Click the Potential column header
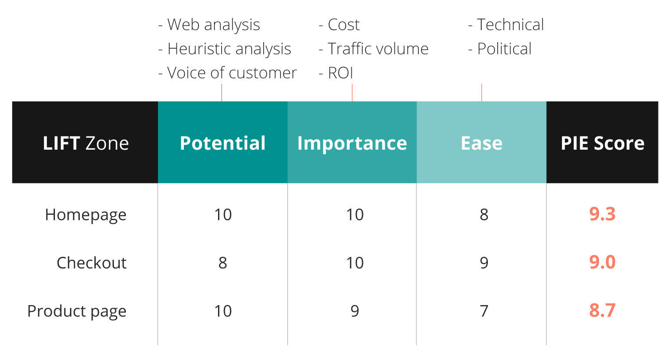[222, 143]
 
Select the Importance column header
[352, 143]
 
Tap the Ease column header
[482, 143]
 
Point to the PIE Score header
[602, 143]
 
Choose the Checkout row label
[92, 263]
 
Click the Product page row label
[77, 311]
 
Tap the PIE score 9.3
[602, 214]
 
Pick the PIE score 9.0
[602, 262]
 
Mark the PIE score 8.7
[602, 310]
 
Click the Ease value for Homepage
[484, 215]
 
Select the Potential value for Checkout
[222, 263]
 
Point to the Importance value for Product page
[355, 311]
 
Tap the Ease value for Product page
[484, 311]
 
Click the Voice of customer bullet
[227, 73]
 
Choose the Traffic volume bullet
[374, 49]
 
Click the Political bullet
[500, 49]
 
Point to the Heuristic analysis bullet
[225, 49]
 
